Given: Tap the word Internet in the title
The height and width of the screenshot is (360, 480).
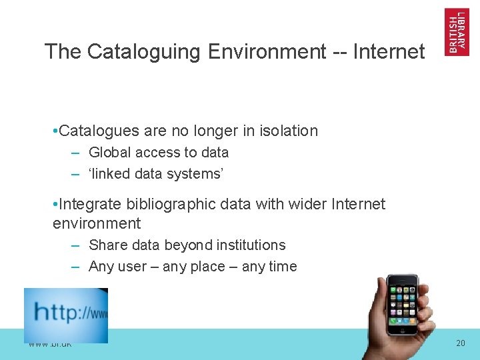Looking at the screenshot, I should coord(390,51).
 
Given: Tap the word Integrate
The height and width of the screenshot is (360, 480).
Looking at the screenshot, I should coord(89,204).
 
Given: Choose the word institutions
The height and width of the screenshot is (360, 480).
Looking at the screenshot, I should coord(251,245).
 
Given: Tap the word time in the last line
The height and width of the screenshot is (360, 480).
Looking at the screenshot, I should coord(282,267).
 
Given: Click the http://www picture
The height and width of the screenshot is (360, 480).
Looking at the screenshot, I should coord(66,315).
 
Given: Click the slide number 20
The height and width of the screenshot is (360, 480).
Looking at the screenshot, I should coord(461,343).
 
